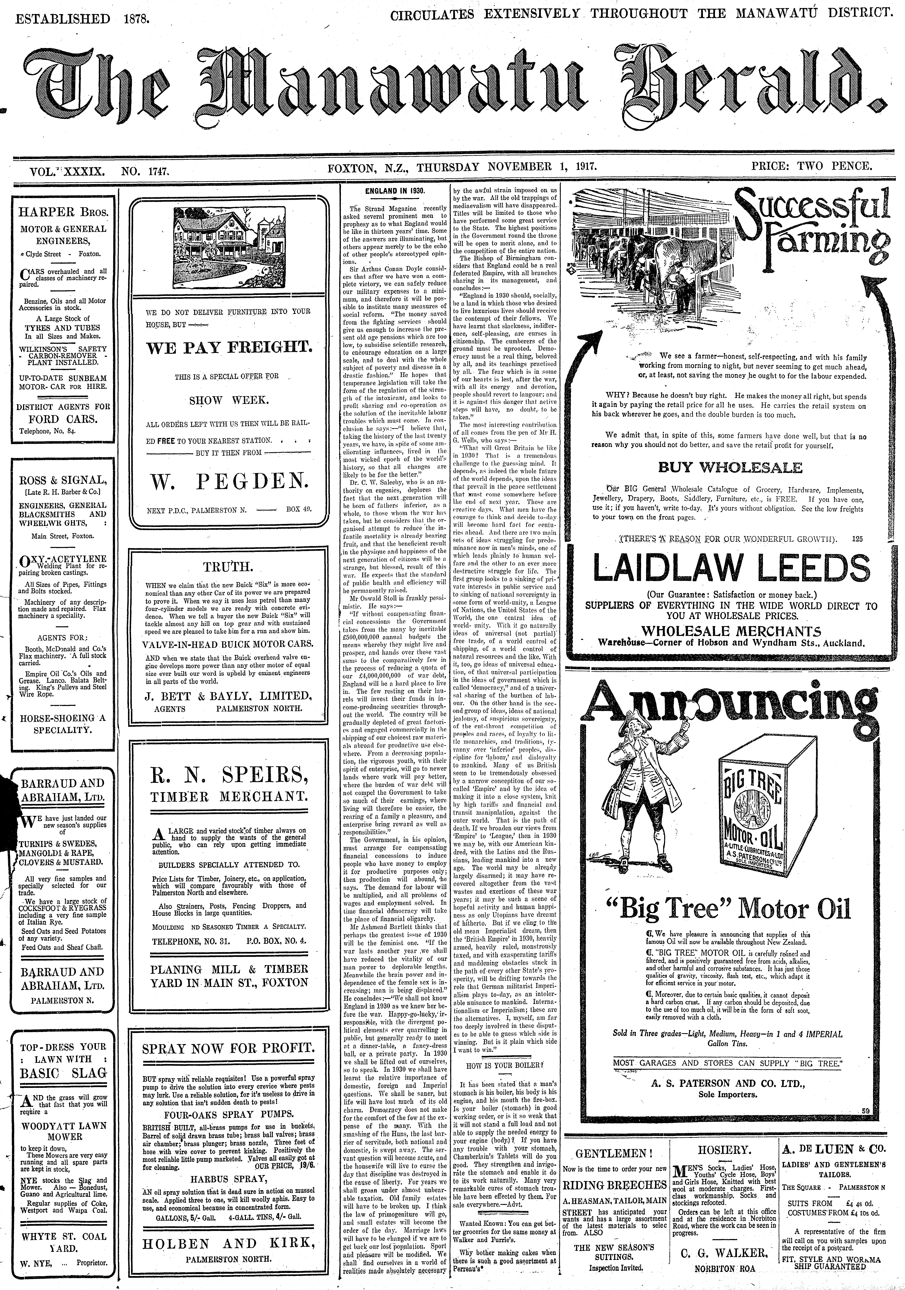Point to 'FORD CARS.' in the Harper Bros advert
point(62,419)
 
